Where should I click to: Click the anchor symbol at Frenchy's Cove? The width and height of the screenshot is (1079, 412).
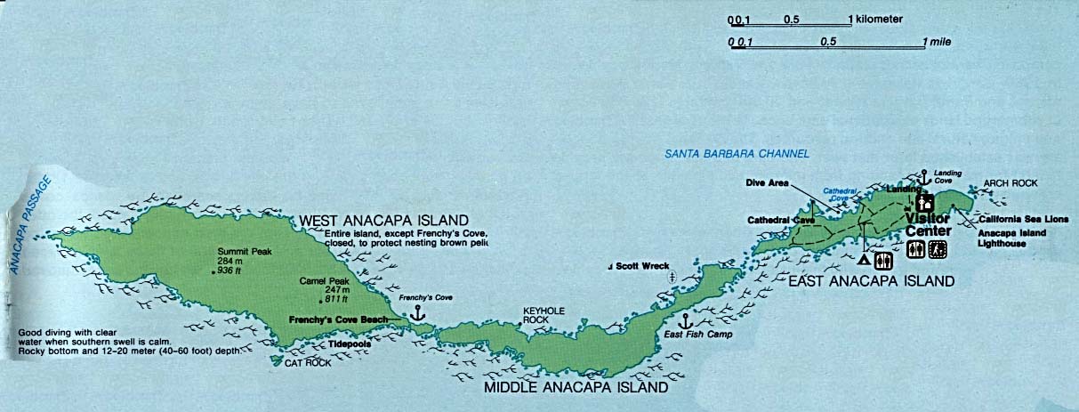click(x=415, y=312)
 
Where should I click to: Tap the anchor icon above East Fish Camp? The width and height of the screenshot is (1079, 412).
click(x=685, y=320)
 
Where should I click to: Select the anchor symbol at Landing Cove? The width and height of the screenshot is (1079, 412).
click(x=924, y=177)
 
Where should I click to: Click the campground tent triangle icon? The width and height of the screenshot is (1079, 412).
click(x=863, y=261)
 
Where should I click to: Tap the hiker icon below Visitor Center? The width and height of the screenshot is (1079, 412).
click(x=937, y=252)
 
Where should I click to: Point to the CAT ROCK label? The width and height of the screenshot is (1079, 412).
click(x=307, y=363)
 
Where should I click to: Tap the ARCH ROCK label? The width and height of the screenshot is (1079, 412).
click(x=1010, y=183)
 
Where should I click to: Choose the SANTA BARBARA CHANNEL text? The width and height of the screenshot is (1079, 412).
click(x=737, y=154)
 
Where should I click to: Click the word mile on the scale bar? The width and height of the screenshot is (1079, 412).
click(x=938, y=41)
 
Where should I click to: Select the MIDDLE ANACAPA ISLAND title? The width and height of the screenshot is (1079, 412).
click(x=575, y=388)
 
